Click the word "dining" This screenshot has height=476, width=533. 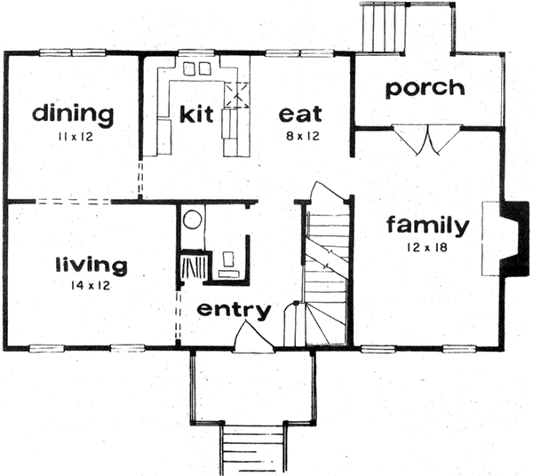[73, 114]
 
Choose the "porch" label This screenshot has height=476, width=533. [425, 87]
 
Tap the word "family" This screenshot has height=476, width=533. [426, 226]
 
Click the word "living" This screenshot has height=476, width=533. [91, 264]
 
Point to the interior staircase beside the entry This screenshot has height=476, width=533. [324, 266]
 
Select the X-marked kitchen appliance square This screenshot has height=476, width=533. [237, 94]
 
